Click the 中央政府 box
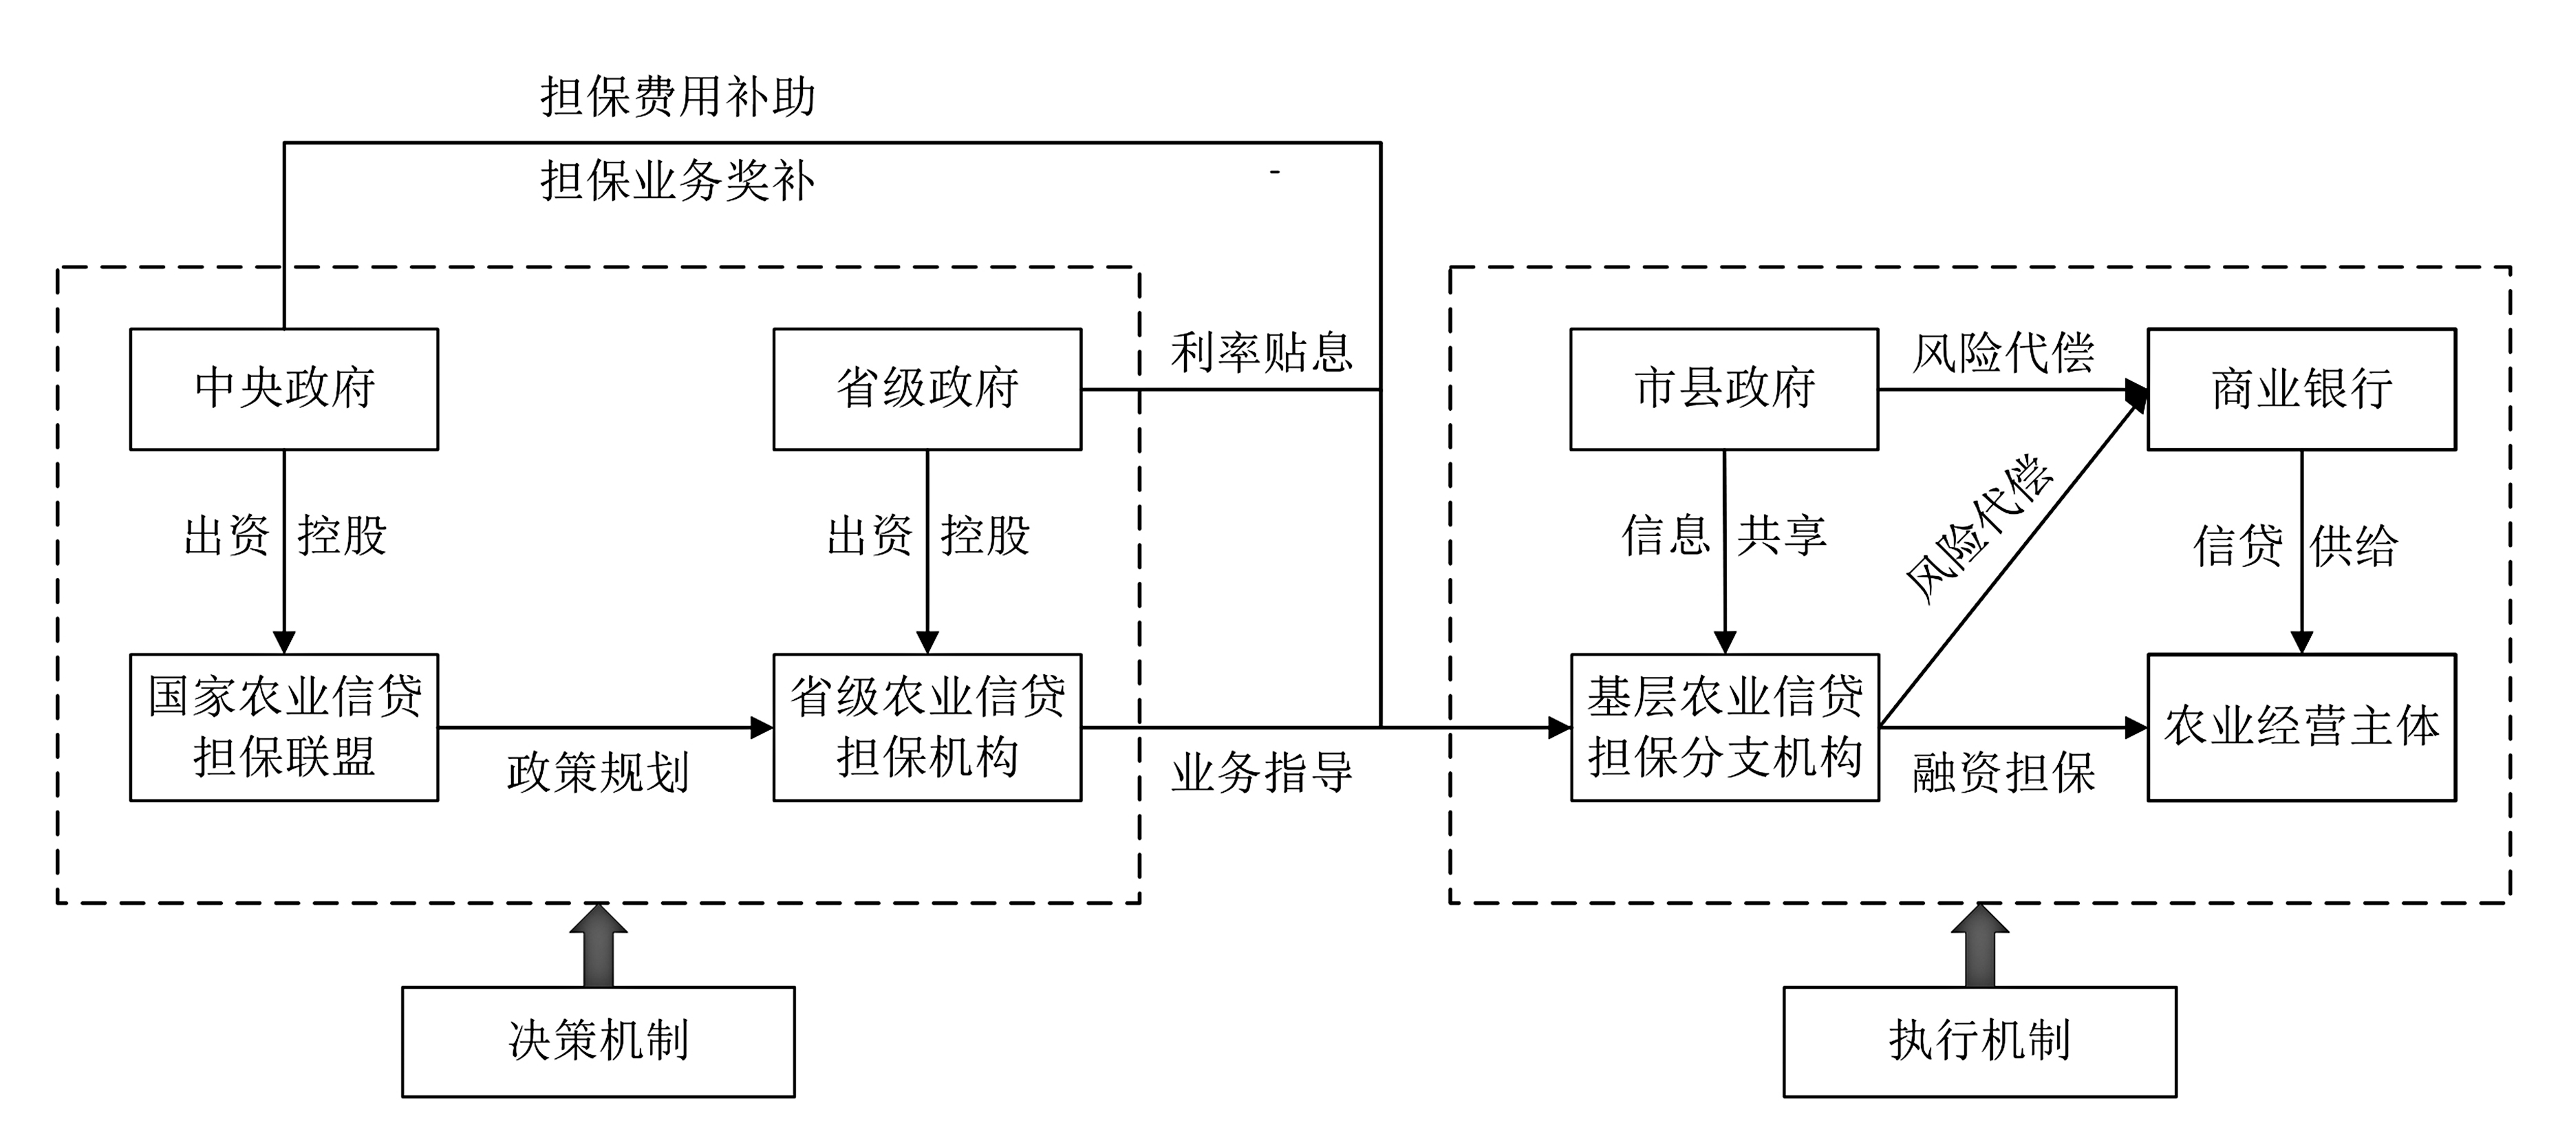[284, 389]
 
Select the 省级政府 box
[927, 389]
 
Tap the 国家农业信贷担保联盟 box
[284, 727]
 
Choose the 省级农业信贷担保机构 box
[927, 727]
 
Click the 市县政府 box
[1724, 389]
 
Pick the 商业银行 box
[2302, 389]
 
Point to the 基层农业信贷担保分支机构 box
[1724, 727]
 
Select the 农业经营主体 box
[2302, 727]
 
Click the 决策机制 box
[599, 1041]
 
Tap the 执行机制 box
[1979, 1041]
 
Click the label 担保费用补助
[678, 98]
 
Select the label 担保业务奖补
[678, 182]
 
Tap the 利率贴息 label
[1262, 353]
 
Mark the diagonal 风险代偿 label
[1979, 528]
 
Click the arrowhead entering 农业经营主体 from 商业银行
[2302, 641]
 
